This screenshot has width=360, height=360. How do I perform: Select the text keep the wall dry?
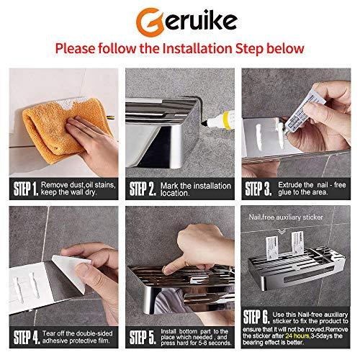pyautogui.click(x=76, y=194)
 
